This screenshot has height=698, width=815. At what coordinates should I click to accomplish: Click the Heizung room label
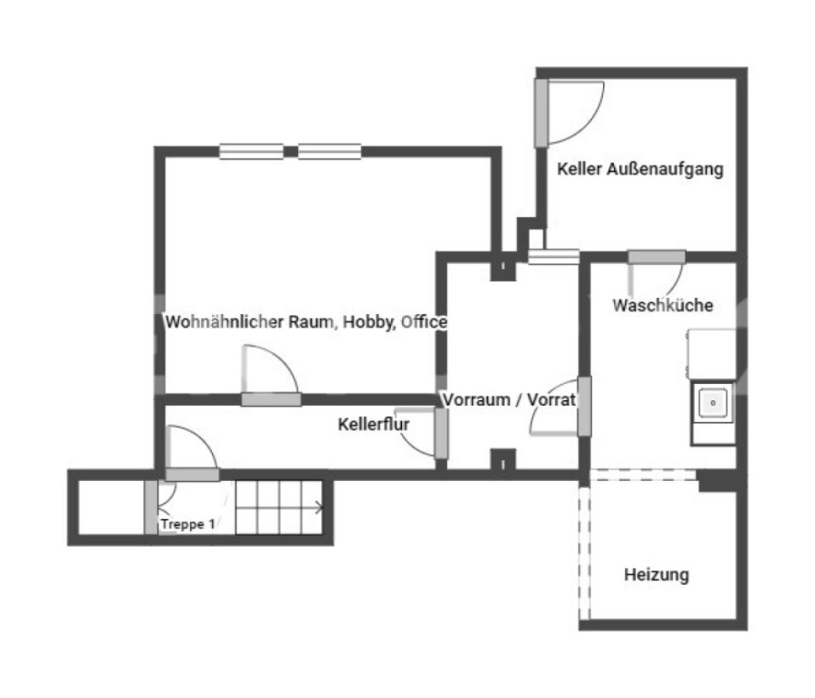(x=657, y=575)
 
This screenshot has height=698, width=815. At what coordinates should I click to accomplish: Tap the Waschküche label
(x=663, y=305)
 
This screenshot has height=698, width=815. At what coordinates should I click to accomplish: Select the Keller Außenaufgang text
(x=640, y=169)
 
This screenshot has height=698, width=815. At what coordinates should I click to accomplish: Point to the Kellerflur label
(x=373, y=423)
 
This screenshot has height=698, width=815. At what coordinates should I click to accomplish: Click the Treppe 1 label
(x=188, y=524)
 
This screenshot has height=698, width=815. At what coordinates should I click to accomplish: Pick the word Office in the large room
(x=424, y=322)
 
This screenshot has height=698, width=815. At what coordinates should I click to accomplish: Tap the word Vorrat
(x=551, y=399)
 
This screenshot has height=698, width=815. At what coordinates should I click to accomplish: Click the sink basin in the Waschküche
(x=713, y=403)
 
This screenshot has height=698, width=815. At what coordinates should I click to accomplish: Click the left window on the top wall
(x=251, y=151)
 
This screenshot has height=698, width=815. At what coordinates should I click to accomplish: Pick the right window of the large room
(x=330, y=151)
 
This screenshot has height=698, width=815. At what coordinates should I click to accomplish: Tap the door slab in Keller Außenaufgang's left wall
(x=542, y=112)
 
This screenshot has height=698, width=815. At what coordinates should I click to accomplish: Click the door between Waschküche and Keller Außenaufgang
(x=657, y=257)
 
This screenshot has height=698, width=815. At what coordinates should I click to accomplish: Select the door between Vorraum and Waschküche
(x=584, y=406)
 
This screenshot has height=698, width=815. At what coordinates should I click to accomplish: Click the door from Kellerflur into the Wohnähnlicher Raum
(x=271, y=399)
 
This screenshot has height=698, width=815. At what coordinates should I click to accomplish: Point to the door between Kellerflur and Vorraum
(x=442, y=434)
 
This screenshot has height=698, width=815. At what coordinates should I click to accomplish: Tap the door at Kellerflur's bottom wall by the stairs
(x=192, y=474)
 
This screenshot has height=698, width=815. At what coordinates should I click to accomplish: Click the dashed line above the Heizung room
(x=643, y=475)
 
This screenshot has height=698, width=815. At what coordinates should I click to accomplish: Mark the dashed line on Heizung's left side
(x=584, y=552)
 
